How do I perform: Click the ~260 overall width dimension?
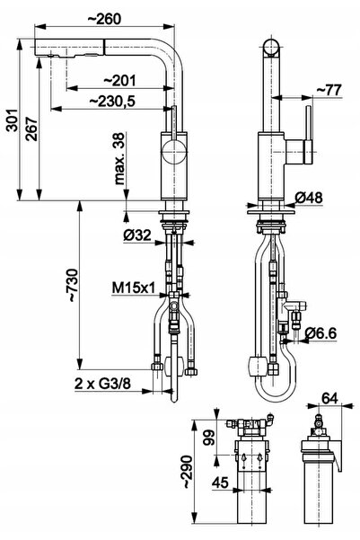pos(105,19)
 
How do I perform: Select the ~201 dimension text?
pos(119,81)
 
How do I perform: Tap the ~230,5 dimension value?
pos(112,102)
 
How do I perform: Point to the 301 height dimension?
pos(13,120)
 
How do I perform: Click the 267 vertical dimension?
pos(32,129)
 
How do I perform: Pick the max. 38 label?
pos(119,159)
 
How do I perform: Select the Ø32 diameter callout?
pos(137,235)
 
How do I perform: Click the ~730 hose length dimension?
pos(74,286)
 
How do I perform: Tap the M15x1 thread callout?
pos(134,288)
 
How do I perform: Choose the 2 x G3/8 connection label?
pos(102,384)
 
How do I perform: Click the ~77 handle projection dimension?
pos(329,90)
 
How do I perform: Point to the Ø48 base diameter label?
pos(309,198)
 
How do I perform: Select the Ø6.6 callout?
pos(320,333)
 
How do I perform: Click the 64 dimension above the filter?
pos(329,398)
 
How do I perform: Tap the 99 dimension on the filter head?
pos(209,438)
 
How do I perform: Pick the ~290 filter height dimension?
pos(188,472)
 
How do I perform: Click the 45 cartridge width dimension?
pos(220,482)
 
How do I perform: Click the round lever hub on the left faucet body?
pos(174,152)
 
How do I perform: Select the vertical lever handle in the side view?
pos(308,135)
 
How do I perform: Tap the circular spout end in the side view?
pos(271,48)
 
